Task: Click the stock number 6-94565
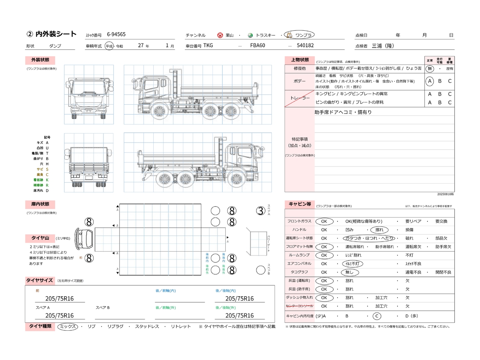coord(116,34)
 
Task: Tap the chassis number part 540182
coord(305,45)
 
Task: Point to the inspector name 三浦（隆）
coord(383,46)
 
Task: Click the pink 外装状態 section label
coord(40,60)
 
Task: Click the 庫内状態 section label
coord(40,204)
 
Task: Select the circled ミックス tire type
coord(68,327)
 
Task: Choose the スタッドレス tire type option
coord(147,327)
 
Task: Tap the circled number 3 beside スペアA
coord(261,211)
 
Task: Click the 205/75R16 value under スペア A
coord(59,316)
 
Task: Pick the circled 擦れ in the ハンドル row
coord(379,230)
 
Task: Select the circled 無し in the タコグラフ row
coord(349,272)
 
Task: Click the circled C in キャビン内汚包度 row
coord(377,316)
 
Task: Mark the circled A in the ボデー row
coord(430,81)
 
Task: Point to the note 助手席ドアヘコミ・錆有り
coord(343,112)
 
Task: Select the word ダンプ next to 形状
coord(55,46)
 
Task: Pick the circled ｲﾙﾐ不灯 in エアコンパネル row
coord(352,264)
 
